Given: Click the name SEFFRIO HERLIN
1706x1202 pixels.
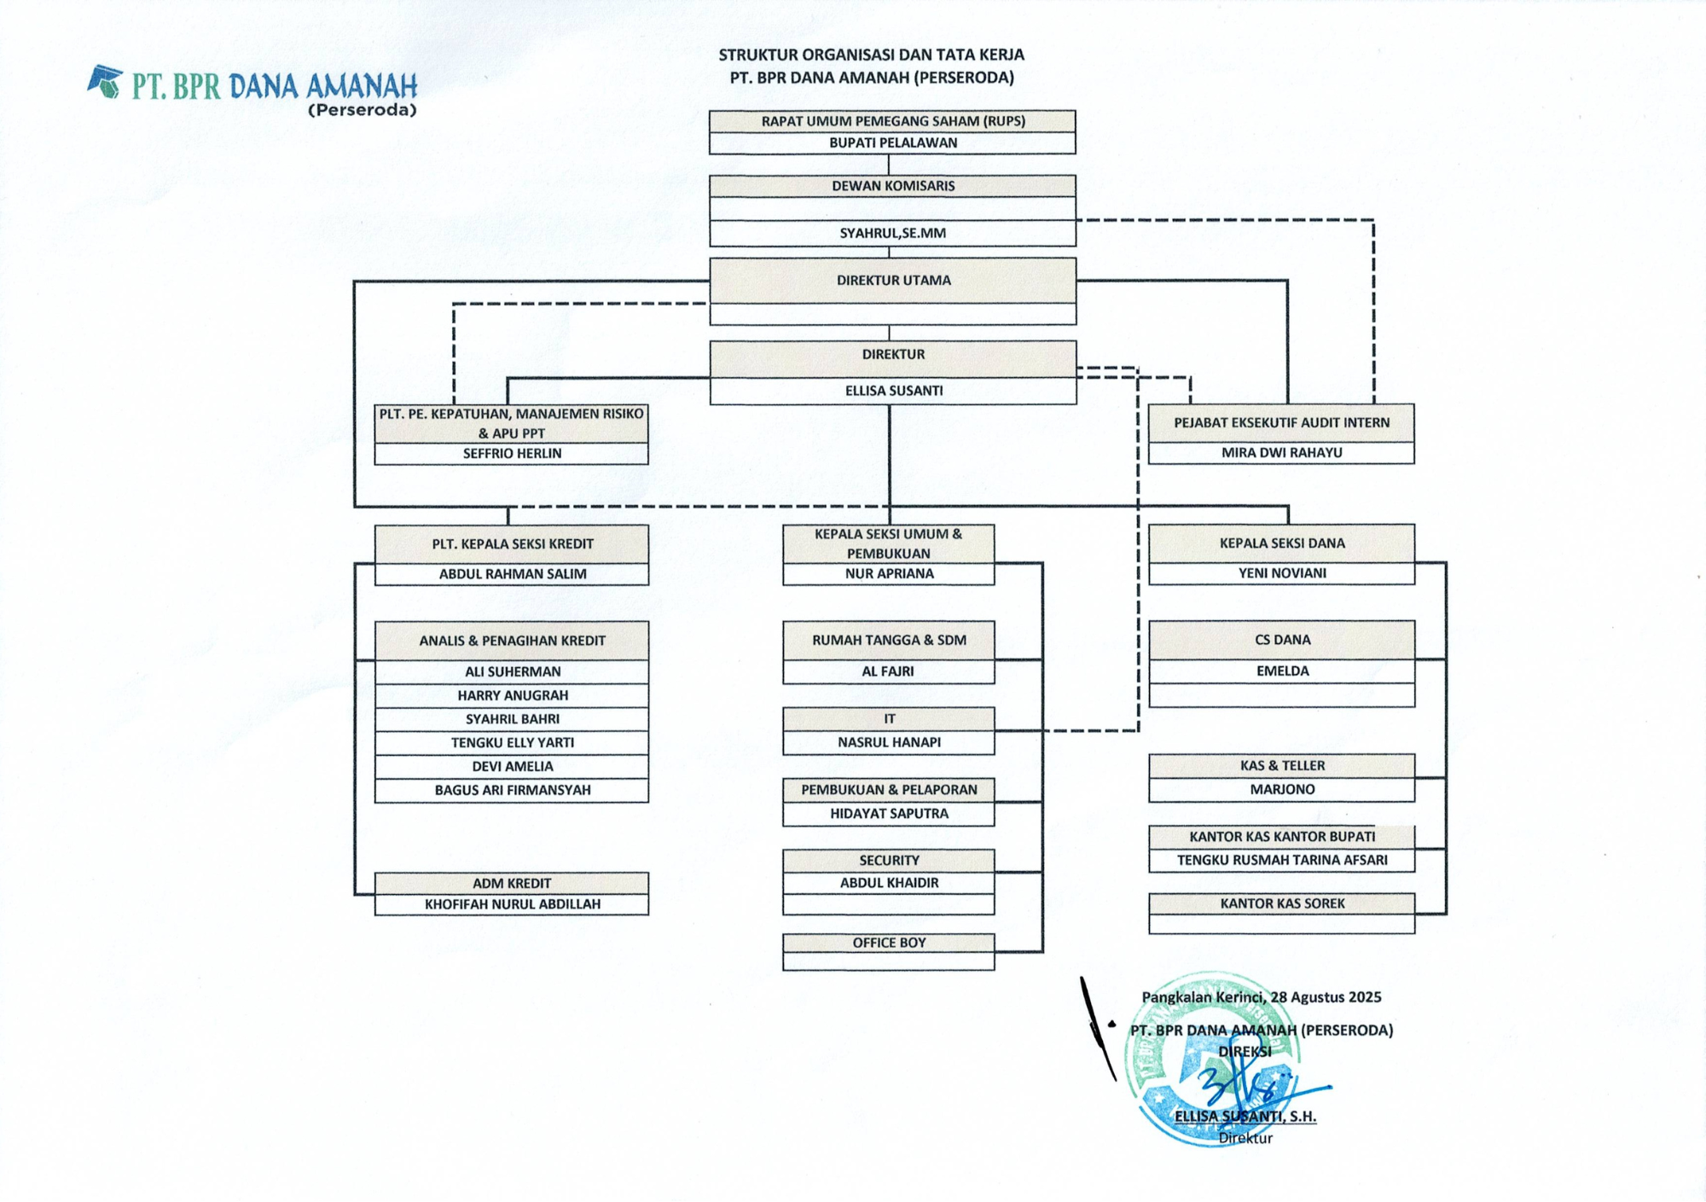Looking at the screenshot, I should [x=512, y=454].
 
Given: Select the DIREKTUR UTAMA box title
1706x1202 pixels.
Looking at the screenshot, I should [x=893, y=281].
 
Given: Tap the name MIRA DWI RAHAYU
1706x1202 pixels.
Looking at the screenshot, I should [x=1281, y=453].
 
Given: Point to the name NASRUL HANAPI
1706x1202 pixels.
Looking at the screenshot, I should [x=889, y=743].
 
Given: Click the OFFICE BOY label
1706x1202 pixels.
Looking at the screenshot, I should [x=889, y=943].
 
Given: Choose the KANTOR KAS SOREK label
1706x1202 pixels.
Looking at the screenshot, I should [x=1282, y=903].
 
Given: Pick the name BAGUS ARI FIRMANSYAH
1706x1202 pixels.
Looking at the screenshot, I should [x=513, y=791].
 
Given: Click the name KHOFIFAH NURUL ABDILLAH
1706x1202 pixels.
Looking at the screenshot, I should [x=513, y=904].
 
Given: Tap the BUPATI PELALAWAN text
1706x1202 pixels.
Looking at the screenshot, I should [x=893, y=143].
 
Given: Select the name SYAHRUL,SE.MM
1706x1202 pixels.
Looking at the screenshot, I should [x=893, y=233].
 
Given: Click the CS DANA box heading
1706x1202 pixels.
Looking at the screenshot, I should [x=1282, y=640].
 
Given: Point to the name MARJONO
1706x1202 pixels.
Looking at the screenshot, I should [x=1282, y=790].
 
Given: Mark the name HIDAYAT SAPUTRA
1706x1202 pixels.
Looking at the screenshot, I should [x=889, y=814].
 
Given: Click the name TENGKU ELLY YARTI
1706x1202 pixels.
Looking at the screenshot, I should [x=513, y=743].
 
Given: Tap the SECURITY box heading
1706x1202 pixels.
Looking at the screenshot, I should [x=889, y=861].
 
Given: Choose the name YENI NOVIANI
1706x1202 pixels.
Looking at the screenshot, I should [x=1282, y=573].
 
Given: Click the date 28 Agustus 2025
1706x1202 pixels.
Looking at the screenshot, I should [x=1326, y=997].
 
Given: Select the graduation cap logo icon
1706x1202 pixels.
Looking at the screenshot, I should [x=106, y=81].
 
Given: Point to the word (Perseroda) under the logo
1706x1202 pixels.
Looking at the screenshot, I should [x=363, y=110].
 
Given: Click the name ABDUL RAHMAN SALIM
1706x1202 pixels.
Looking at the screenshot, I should [x=513, y=574].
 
